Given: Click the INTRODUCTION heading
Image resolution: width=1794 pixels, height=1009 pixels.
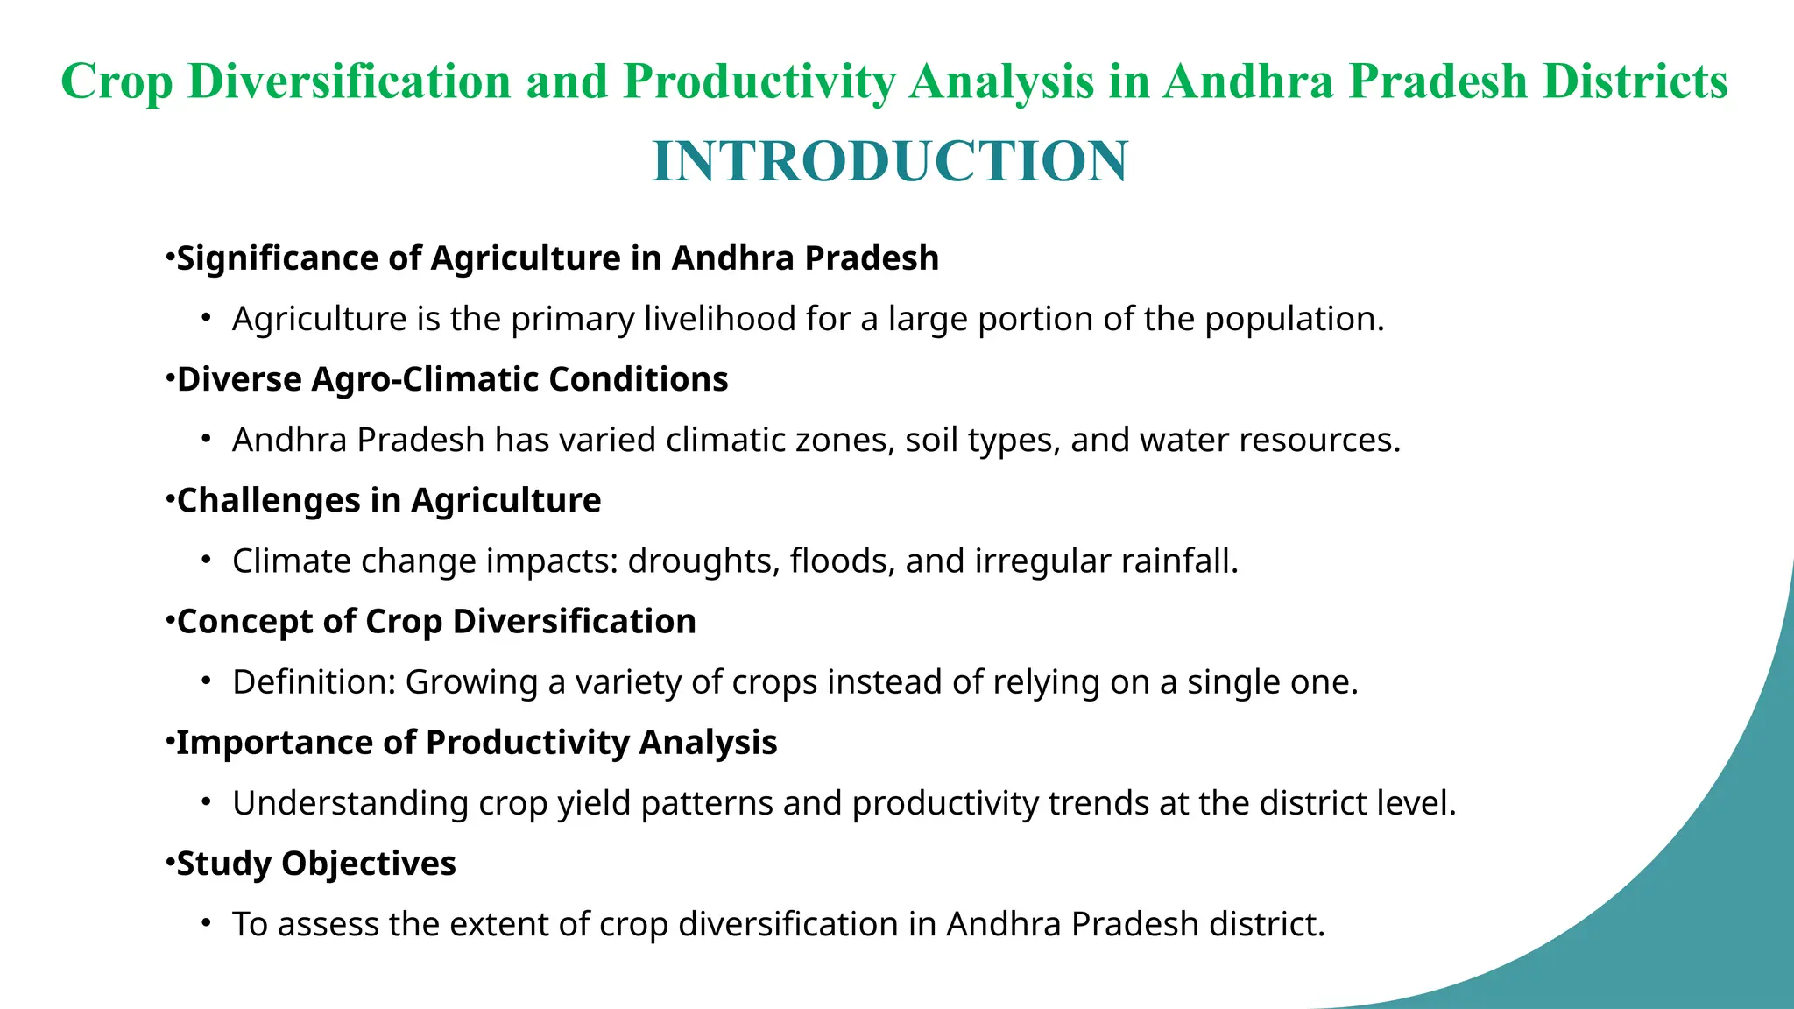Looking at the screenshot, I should pos(890,162).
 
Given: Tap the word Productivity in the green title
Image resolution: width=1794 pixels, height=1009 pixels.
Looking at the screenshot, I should pos(759,81).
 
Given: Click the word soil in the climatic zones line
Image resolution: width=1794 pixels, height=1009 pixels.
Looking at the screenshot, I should pos(932,440).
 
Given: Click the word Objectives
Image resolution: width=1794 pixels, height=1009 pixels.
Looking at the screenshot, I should pos(368,864).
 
